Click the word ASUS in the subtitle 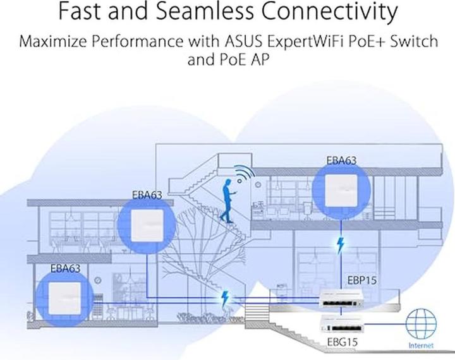[x=242, y=43]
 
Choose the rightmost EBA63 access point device [x=341, y=189]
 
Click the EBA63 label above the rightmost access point [x=341, y=160]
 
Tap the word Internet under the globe [x=421, y=346]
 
